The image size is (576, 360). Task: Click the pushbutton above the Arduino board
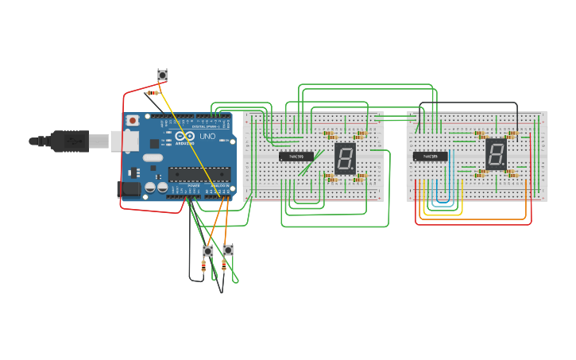coord(162,75)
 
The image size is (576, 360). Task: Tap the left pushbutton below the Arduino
coord(208,251)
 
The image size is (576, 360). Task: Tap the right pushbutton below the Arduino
coord(228,250)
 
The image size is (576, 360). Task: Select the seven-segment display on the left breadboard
coord(345,159)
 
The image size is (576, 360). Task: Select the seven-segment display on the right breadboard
coord(496,154)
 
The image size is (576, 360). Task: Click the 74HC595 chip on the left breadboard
coord(296,157)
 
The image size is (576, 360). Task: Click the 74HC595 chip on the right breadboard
coord(430,157)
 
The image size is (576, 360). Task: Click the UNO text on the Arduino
coord(207,137)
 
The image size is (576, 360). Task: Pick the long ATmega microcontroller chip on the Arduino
coord(199,175)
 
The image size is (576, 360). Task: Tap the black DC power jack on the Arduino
coord(129,190)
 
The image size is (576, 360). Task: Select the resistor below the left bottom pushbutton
coord(204,268)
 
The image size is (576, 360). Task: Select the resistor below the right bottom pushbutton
coord(224,265)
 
